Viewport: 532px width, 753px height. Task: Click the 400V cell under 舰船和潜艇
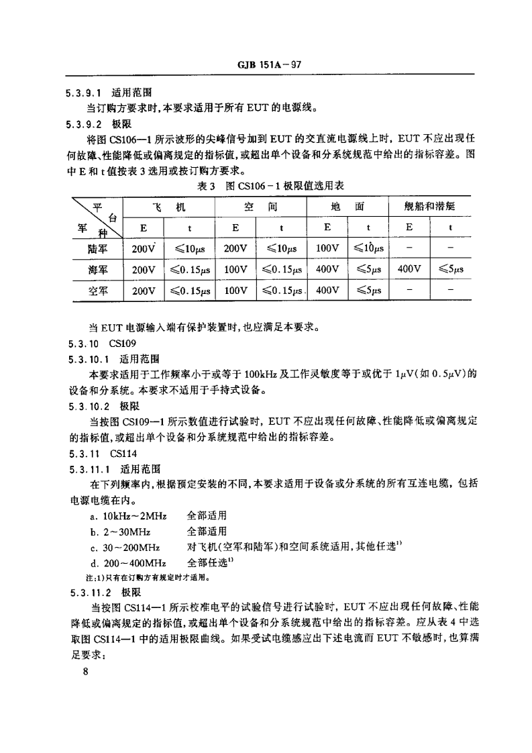[409, 270]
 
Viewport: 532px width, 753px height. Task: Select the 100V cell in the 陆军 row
[327, 248]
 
